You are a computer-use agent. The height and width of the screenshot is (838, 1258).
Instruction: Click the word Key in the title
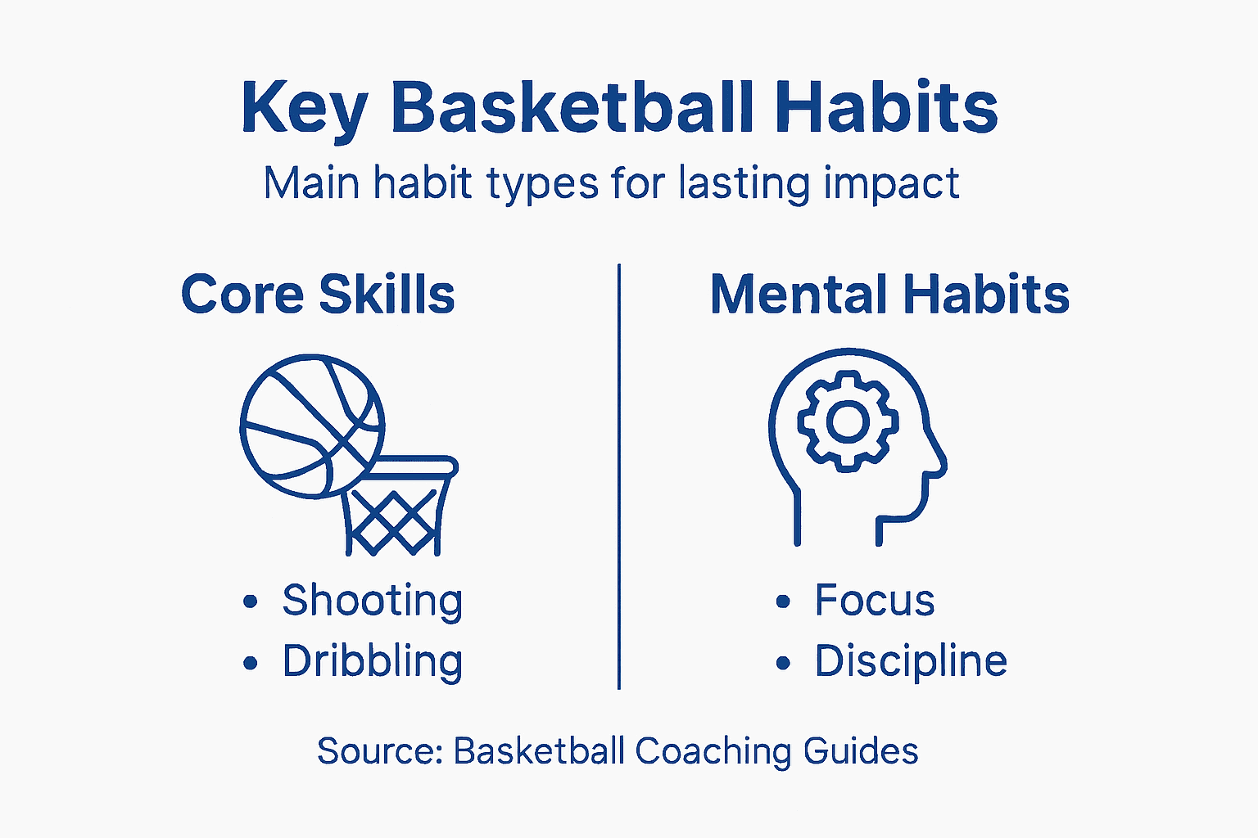[x=304, y=109]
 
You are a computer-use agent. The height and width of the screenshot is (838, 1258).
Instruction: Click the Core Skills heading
[x=318, y=295]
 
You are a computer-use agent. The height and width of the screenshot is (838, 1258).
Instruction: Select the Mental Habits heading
[x=889, y=295]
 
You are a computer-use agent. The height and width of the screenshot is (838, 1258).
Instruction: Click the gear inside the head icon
[x=847, y=421]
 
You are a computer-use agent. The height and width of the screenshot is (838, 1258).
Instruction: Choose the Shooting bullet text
[x=372, y=601]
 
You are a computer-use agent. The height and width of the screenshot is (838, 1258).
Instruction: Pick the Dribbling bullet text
[x=372, y=661]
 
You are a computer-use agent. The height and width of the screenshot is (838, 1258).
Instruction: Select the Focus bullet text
[x=874, y=601]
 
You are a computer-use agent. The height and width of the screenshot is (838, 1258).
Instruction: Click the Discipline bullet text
[x=910, y=661]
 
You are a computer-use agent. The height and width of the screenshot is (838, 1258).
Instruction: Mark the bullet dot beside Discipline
[x=783, y=663]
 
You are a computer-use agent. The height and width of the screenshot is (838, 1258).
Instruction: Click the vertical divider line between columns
[x=619, y=475]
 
